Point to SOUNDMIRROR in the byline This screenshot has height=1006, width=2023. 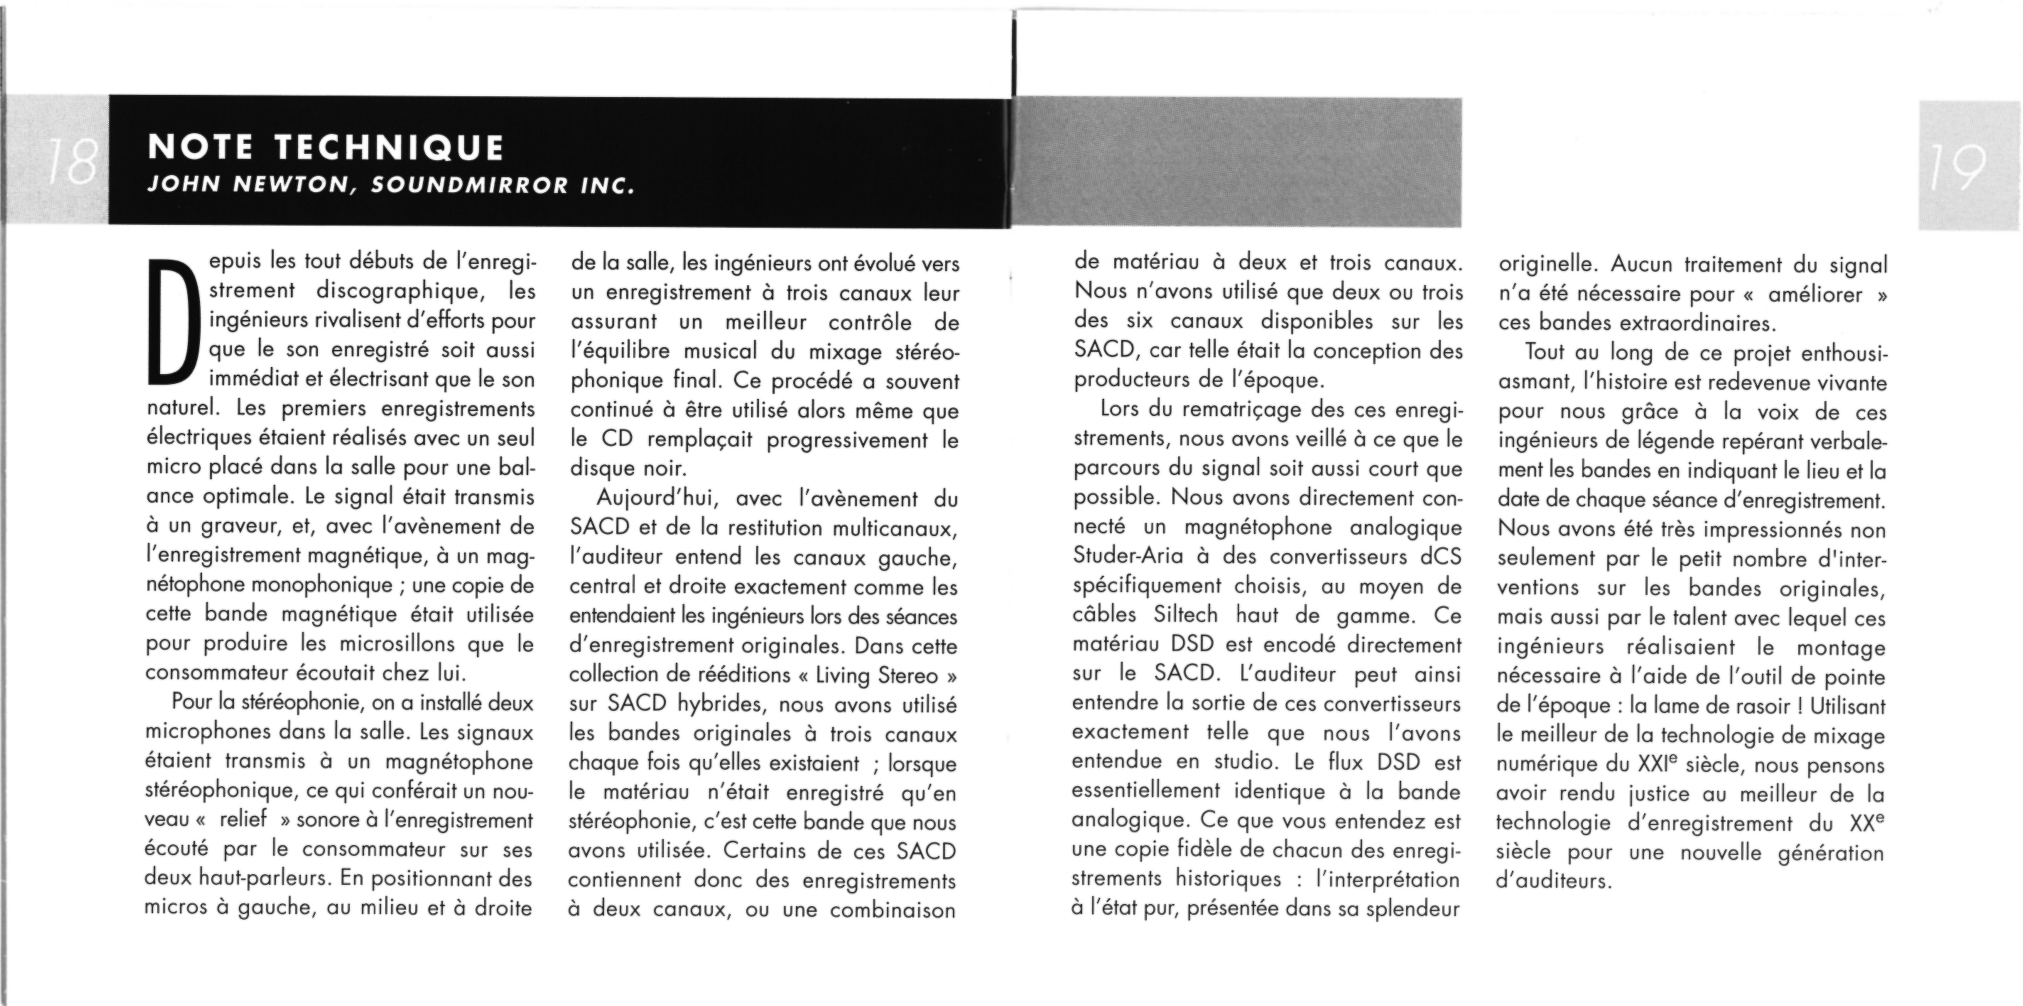(x=469, y=186)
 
